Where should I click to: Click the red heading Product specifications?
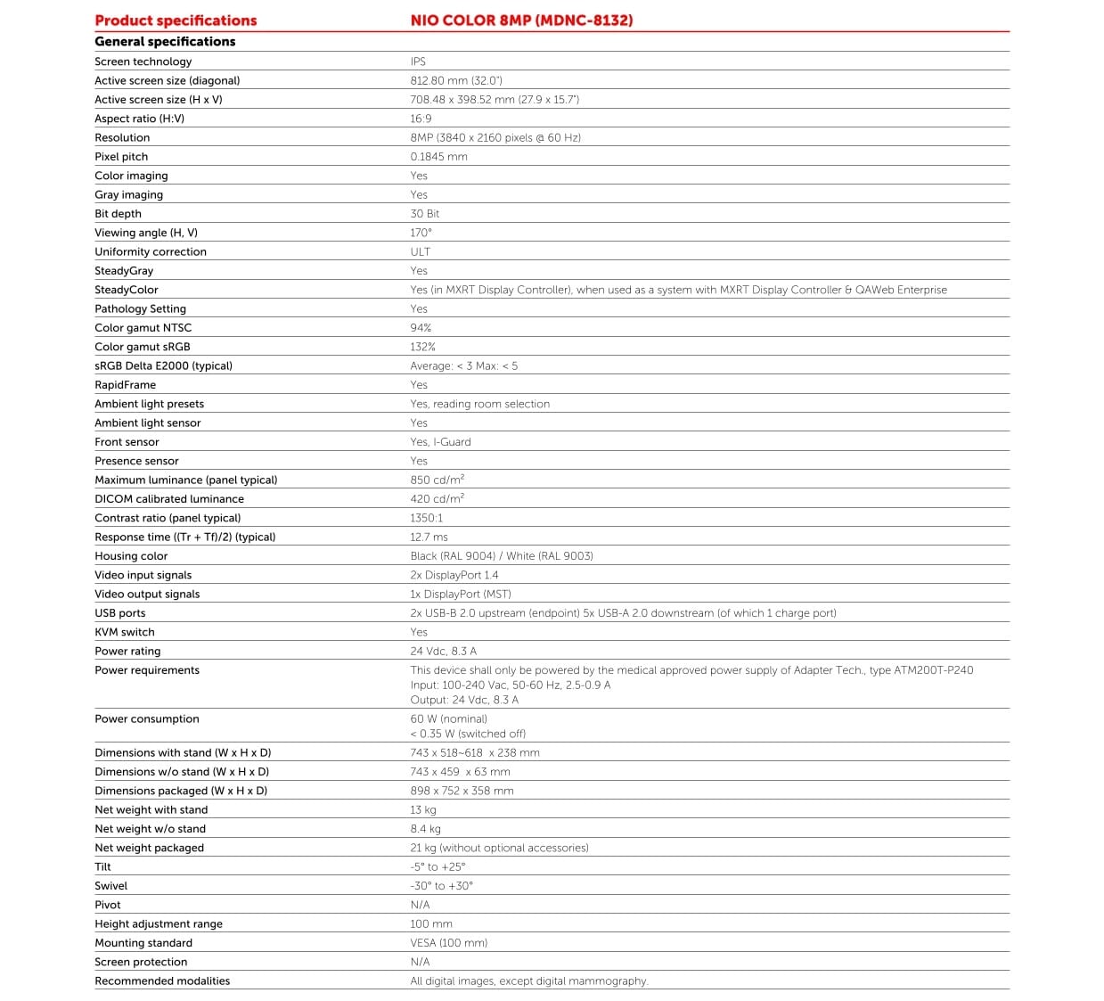click(176, 21)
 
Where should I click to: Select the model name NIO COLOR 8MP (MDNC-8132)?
click(521, 21)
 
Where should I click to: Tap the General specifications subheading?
click(165, 42)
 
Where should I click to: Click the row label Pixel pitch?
click(121, 157)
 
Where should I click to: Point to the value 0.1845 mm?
click(438, 157)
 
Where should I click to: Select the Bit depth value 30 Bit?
click(425, 214)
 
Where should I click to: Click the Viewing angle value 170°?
click(421, 233)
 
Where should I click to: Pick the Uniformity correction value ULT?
click(420, 252)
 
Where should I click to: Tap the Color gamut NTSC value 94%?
click(421, 328)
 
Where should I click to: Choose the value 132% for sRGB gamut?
click(422, 347)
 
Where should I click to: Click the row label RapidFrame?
click(125, 385)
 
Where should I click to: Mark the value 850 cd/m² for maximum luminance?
click(437, 480)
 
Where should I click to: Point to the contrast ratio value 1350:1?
click(426, 518)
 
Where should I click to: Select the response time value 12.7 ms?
click(429, 537)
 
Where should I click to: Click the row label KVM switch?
click(125, 632)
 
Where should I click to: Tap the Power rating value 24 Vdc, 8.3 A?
click(443, 652)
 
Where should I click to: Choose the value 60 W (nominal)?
click(448, 719)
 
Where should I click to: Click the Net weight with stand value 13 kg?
click(423, 810)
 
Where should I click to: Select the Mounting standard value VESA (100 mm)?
click(448, 943)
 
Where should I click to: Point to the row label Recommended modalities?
click(162, 981)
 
